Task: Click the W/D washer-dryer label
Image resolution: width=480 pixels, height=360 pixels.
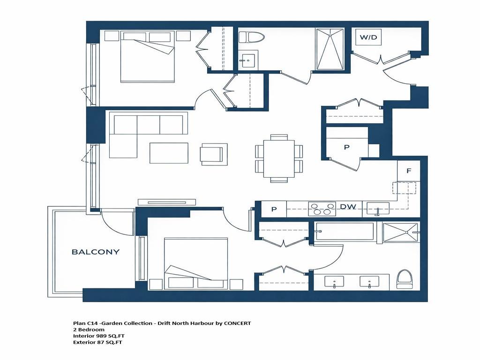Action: pyautogui.click(x=368, y=37)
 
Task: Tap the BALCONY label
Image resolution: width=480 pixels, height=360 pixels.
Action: pyautogui.click(x=95, y=252)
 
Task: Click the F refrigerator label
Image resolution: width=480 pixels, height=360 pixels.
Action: pyautogui.click(x=408, y=171)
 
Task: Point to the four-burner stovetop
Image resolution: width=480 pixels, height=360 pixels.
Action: pyautogui.click(x=322, y=209)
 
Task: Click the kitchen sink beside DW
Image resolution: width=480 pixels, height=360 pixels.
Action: pyautogui.click(x=377, y=209)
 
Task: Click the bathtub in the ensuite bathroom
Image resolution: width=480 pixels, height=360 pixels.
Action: pyautogui.click(x=345, y=232)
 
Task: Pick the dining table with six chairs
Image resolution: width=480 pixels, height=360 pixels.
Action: pyautogui.click(x=279, y=158)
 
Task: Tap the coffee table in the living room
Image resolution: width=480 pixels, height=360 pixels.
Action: pyautogui.click(x=169, y=153)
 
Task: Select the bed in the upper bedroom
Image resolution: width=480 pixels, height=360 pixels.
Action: pyautogui.click(x=147, y=56)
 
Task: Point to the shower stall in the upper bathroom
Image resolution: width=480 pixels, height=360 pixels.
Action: pyautogui.click(x=330, y=49)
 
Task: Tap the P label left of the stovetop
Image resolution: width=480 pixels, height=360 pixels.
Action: pyautogui.click(x=273, y=210)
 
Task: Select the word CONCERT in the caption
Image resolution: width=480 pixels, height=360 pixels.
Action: pyautogui.click(x=237, y=323)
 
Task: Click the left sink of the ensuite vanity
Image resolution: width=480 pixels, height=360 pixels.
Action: pyautogui.click(x=334, y=282)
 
